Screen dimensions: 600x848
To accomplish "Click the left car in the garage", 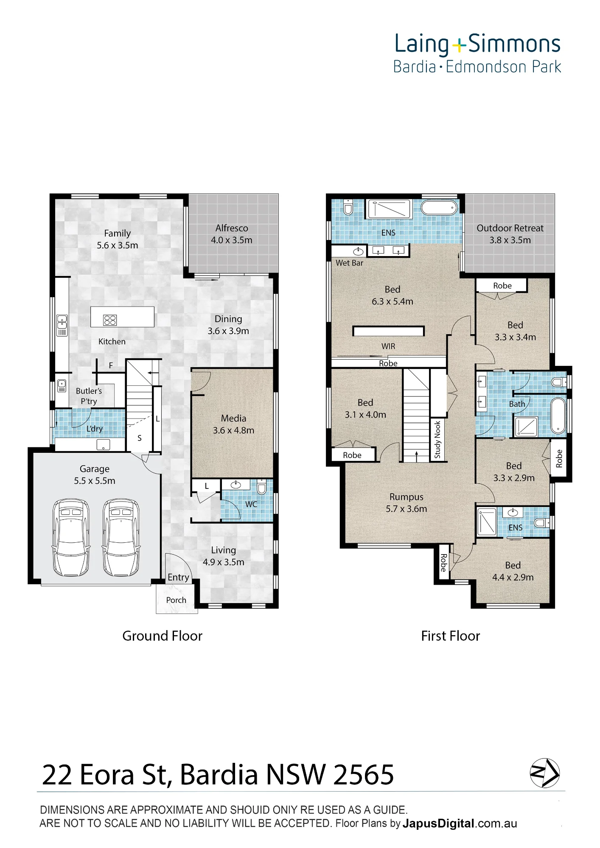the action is click(x=71, y=537).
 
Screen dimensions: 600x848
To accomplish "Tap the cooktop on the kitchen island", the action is click(x=110, y=320).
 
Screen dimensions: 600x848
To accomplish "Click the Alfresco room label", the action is click(x=232, y=228).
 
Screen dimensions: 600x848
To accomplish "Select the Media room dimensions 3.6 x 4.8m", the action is click(x=233, y=430).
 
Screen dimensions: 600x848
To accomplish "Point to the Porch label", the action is click(x=176, y=600).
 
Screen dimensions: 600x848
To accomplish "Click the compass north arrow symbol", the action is click(x=545, y=773).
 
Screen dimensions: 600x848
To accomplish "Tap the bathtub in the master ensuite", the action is click(x=439, y=208).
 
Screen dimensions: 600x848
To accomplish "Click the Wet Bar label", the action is click(x=349, y=263).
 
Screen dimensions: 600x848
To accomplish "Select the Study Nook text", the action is click(x=437, y=439).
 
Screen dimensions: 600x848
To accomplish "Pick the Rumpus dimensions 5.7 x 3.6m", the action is click(x=407, y=509).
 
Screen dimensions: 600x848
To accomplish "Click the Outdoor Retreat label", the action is click(x=510, y=228).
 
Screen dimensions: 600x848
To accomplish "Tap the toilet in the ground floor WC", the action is click(x=262, y=488).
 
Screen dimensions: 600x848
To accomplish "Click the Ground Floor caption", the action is click(x=162, y=636).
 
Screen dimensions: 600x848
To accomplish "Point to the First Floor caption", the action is click(x=450, y=636).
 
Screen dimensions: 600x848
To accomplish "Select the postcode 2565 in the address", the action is click(x=364, y=775).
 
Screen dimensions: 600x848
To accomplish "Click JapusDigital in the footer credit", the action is click(x=438, y=823).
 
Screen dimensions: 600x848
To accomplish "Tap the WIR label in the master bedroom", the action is click(x=388, y=346).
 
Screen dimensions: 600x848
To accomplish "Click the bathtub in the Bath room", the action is click(x=558, y=416).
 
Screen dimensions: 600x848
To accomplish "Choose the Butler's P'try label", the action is click(x=89, y=396).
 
